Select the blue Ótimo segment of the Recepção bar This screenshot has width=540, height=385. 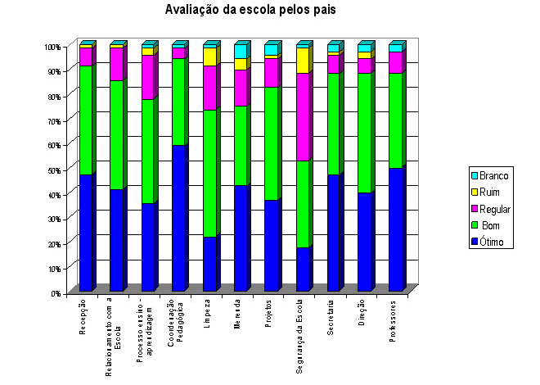click(85, 233)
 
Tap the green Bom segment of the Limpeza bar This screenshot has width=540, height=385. click(209, 173)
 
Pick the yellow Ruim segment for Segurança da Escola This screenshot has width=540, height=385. click(303, 61)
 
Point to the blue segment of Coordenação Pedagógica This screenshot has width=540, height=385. click(178, 218)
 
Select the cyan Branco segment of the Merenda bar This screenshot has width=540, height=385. click(241, 52)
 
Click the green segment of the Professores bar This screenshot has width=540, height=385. click(395, 120)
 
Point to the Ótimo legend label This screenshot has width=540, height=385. click(497, 242)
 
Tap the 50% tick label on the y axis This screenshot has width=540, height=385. click(53, 170)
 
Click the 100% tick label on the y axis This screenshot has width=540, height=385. click(52, 47)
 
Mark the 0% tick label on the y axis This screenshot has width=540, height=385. click(55, 292)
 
